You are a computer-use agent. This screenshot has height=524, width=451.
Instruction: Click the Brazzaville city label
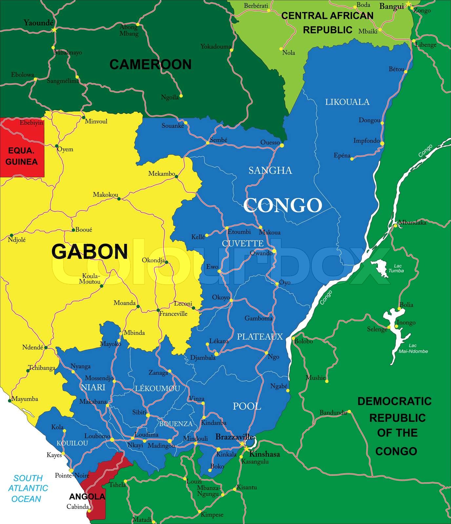pyautogui.click(x=234, y=437)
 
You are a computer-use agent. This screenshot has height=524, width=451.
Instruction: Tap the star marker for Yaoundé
pyautogui.click(x=54, y=30)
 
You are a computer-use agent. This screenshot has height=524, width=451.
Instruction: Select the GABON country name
pyautogui.click(x=89, y=252)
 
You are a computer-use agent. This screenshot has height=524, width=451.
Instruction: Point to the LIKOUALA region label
pyautogui.click(x=347, y=102)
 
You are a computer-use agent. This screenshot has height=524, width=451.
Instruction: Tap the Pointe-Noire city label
pyautogui.click(x=68, y=476)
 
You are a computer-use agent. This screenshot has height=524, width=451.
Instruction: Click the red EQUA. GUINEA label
pyautogui.click(x=22, y=157)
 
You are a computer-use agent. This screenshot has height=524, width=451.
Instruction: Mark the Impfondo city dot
pyautogui.click(x=382, y=143)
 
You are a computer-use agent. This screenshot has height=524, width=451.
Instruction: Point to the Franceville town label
pyautogui.click(x=173, y=314)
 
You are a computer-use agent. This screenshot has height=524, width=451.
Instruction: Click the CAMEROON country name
pyautogui.click(x=150, y=65)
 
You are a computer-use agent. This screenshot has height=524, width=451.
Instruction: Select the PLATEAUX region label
pyautogui.click(x=260, y=336)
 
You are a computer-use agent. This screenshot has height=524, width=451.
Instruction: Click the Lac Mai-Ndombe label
pyautogui.click(x=413, y=348)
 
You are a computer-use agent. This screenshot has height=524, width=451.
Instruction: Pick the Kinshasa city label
pyautogui.click(x=265, y=454)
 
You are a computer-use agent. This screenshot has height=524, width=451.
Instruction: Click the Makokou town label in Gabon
pyautogui.click(x=106, y=195)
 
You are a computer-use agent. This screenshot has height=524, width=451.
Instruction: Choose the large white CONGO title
pyautogui.click(x=283, y=205)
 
